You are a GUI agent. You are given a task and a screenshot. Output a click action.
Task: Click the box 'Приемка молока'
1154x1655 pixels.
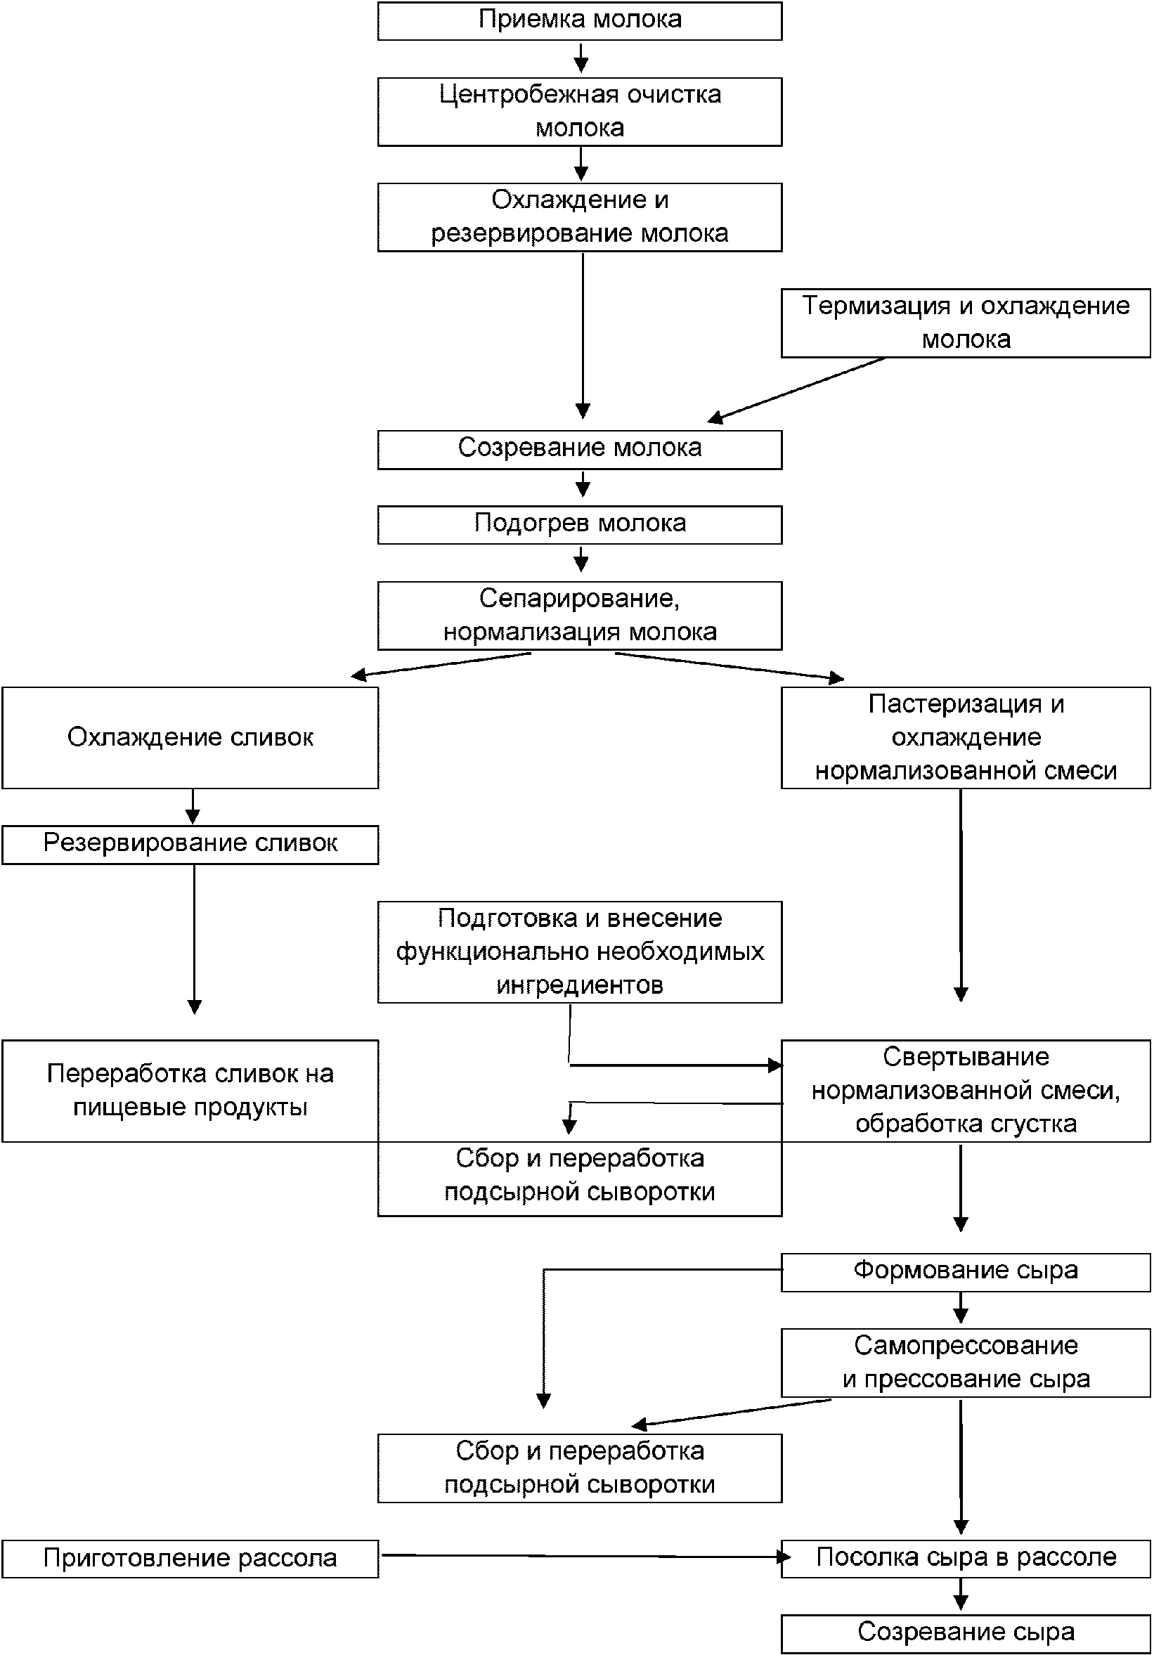coord(580,21)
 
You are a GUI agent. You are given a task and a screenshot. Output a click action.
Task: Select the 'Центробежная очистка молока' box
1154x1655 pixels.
coord(580,112)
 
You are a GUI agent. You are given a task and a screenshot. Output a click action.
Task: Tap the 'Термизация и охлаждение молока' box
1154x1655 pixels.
coord(965,323)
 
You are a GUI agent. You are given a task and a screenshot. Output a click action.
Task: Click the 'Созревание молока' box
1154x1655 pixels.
coord(580,450)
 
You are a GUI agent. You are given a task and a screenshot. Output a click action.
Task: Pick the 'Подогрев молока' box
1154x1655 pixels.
coord(580,525)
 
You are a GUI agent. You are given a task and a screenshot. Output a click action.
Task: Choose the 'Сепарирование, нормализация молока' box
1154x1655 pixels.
coord(580,616)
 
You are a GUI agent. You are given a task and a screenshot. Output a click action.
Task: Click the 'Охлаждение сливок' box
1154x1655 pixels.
coord(190,737)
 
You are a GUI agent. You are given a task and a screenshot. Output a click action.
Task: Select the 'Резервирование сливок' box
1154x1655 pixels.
coord(190,845)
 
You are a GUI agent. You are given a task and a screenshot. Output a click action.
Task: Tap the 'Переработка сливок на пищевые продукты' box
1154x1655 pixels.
coord(190,1091)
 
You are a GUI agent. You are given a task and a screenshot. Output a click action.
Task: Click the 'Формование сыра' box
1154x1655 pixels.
coord(965,1272)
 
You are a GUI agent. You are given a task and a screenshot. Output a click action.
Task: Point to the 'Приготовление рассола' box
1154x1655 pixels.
coord(190,1559)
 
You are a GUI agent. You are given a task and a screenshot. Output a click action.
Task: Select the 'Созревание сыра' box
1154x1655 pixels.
coord(965,1634)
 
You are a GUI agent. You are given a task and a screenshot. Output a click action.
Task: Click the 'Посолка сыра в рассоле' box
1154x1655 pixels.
coord(965,1559)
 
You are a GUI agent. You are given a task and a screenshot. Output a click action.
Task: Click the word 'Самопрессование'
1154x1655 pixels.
coord(966,1346)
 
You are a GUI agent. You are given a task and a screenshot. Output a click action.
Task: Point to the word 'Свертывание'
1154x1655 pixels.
coord(966,1058)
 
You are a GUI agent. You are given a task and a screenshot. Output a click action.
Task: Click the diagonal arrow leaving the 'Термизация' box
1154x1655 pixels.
coord(796,389)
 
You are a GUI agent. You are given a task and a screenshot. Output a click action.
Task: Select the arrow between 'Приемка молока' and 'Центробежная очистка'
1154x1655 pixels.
coord(581,57)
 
